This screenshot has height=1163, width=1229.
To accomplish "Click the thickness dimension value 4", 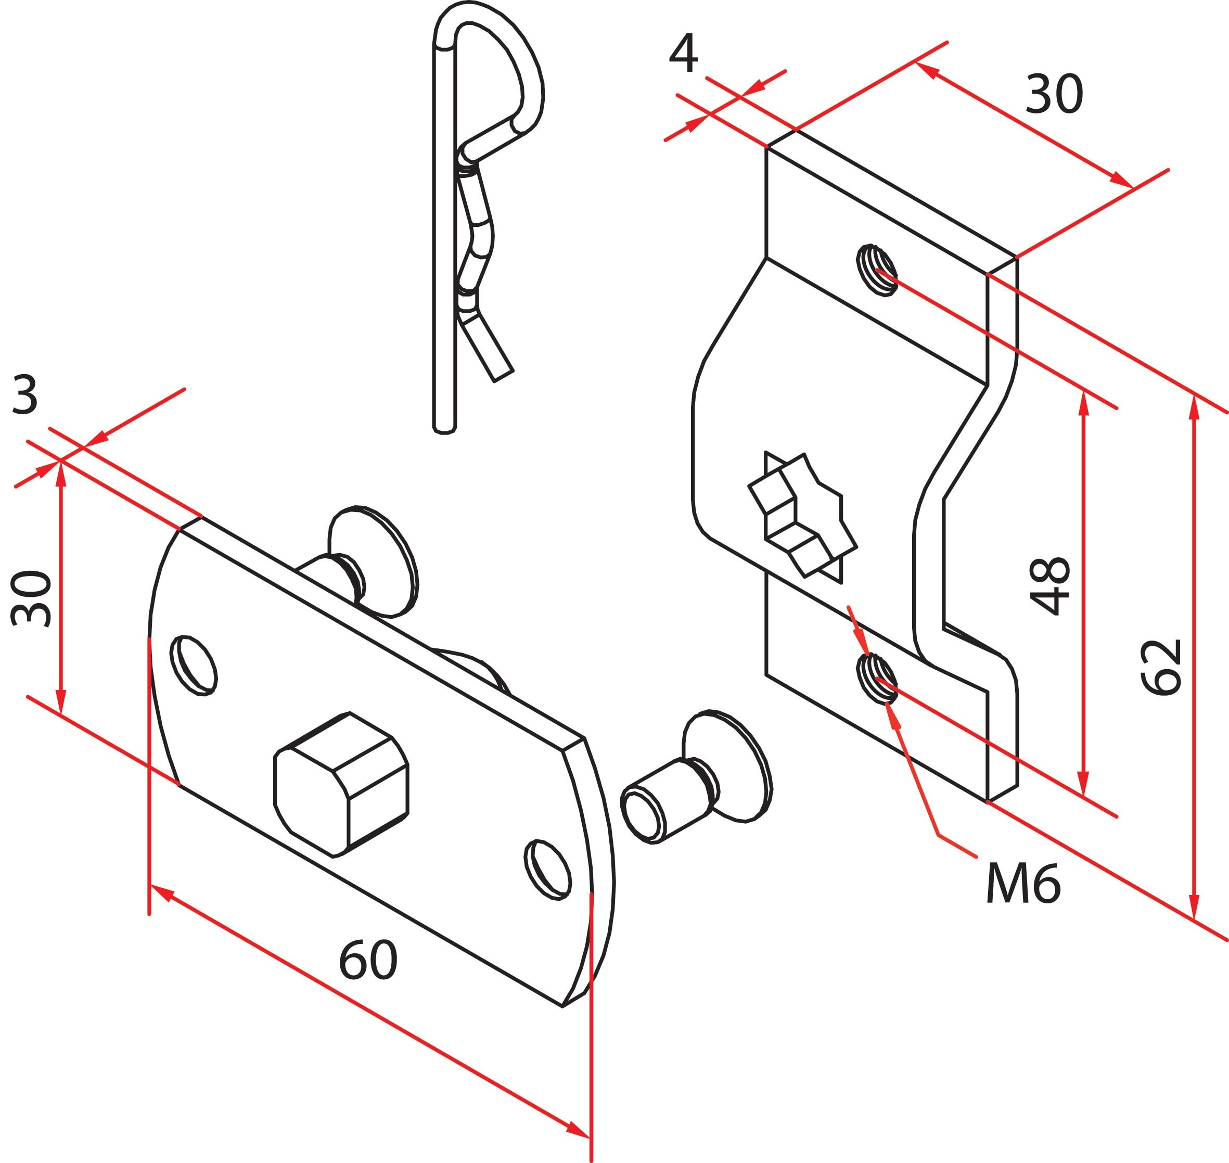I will pyautogui.click(x=683, y=55).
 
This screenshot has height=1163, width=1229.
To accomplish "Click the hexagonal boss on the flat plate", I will pyautogui.click(x=341, y=784).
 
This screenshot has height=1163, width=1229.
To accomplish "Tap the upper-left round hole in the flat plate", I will pyautogui.click(x=194, y=665).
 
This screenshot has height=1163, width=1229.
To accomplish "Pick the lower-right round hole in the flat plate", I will pyautogui.click(x=548, y=870).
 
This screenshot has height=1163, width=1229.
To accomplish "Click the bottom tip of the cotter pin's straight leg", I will pyautogui.click(x=444, y=427).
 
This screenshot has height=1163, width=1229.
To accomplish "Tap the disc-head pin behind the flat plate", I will pyautogui.click(x=372, y=561).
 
